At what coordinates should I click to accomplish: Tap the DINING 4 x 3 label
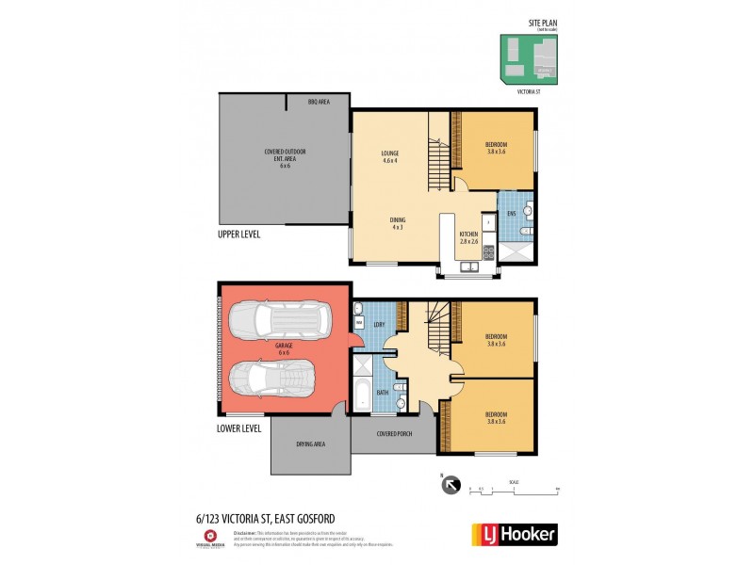(398, 224)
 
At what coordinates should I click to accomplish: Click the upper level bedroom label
(496, 147)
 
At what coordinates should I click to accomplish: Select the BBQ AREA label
(319, 101)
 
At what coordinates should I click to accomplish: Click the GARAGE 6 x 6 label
(284, 348)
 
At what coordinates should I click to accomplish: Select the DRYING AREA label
(311, 444)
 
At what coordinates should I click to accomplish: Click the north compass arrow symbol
(450, 486)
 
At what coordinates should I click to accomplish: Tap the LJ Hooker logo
(514, 534)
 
